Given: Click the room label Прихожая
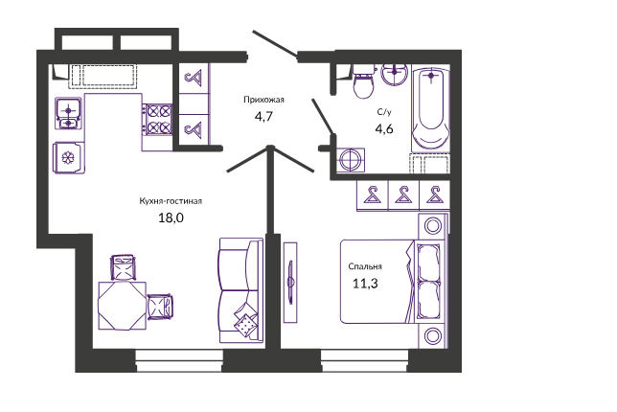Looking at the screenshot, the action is (x=263, y=100).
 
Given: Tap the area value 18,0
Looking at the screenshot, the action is (x=171, y=217).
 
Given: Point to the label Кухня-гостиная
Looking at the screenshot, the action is (x=171, y=201).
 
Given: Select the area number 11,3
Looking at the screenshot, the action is (x=365, y=284).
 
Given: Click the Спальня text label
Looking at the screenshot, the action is (x=365, y=266).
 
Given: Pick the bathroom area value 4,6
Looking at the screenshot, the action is (x=384, y=129).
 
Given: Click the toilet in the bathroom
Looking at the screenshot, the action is (x=363, y=81).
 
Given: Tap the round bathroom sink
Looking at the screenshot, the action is (x=395, y=74).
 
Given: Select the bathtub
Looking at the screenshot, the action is (x=430, y=110).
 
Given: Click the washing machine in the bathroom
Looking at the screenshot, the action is (x=351, y=160).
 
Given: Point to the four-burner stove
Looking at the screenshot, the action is (x=157, y=120).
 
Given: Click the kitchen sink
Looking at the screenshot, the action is (x=68, y=113).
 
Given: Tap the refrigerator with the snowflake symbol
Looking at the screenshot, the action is (x=68, y=158).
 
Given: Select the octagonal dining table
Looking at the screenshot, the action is (x=122, y=306).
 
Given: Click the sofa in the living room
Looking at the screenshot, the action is (x=240, y=290).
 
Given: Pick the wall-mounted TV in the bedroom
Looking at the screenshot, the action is (x=290, y=282).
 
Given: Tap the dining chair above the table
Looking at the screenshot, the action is (x=123, y=267).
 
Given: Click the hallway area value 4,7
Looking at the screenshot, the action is (x=263, y=117).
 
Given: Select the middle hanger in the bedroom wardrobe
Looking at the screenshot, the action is (x=403, y=195).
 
